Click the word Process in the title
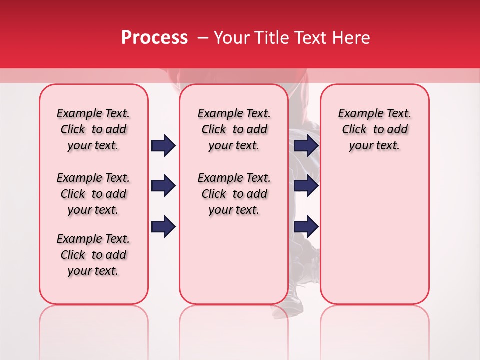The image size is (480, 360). pyautogui.click(x=154, y=38)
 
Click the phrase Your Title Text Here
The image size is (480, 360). pyautogui.click(x=292, y=38)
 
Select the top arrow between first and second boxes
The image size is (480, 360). pyautogui.click(x=163, y=145)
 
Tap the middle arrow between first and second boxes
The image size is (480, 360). pyautogui.click(x=163, y=186)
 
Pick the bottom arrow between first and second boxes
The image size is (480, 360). pyautogui.click(x=163, y=226)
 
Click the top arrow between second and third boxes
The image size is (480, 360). pyautogui.click(x=306, y=145)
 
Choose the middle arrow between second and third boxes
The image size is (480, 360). pyautogui.click(x=306, y=186)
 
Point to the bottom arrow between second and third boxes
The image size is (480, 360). pyautogui.click(x=306, y=226)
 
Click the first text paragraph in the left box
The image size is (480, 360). pyautogui.click(x=93, y=129)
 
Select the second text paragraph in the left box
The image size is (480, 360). pyautogui.click(x=93, y=194)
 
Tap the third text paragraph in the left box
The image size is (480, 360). pyautogui.click(x=93, y=255)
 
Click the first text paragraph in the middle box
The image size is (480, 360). pyautogui.click(x=234, y=129)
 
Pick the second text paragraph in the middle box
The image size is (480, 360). pyautogui.click(x=234, y=194)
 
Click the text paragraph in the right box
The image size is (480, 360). pyautogui.click(x=375, y=129)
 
